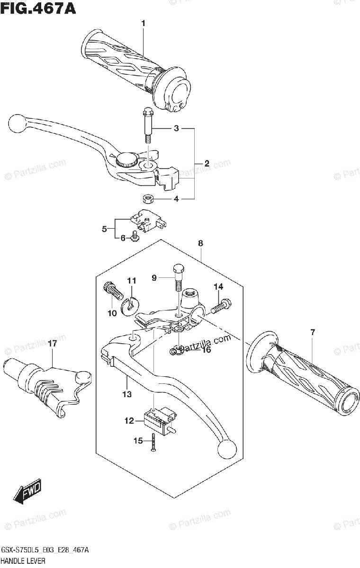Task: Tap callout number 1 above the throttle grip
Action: coord(143,23)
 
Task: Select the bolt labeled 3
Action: coord(147,125)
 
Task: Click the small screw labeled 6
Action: coord(135,235)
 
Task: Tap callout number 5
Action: coord(105,230)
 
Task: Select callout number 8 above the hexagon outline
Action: coord(200,243)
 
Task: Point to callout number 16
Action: coord(206,349)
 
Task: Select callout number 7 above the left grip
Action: coord(312,333)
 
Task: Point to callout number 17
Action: coord(52,344)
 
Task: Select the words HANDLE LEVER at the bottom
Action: coord(24,561)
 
